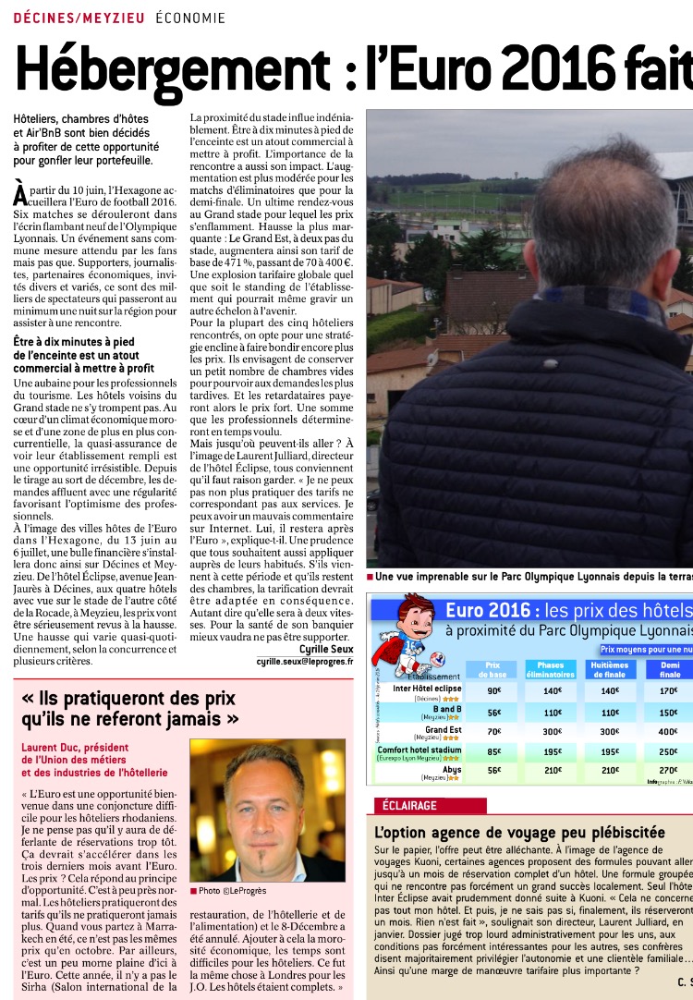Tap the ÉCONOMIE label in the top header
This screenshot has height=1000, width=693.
pos(190,18)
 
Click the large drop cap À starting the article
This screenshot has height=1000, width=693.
pos(19,194)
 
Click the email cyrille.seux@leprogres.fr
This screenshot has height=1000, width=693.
pos(305,662)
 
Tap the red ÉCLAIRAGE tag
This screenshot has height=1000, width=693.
pos(404,805)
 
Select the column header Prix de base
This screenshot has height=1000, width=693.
pos(493,669)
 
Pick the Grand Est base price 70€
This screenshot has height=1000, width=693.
pos(493,731)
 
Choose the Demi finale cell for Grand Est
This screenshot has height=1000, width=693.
pos(668,731)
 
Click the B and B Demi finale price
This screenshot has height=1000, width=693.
pos(668,712)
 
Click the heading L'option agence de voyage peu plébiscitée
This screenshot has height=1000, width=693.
pos(519,833)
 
